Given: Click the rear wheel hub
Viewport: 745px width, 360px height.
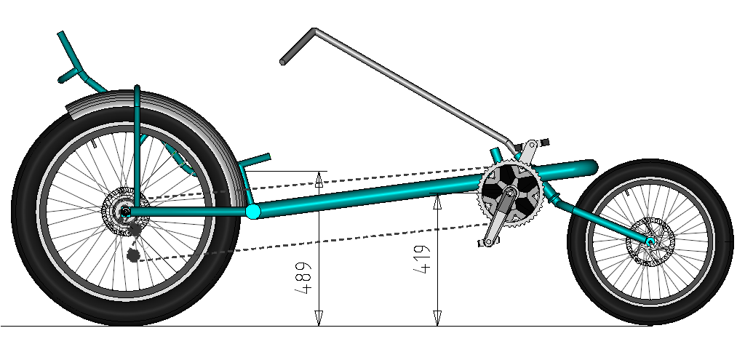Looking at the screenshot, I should click(126, 211).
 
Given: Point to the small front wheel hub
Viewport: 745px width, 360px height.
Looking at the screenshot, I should click(650, 239).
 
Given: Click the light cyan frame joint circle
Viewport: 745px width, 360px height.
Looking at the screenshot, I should click(252, 212).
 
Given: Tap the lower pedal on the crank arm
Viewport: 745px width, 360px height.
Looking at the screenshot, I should click(483, 244).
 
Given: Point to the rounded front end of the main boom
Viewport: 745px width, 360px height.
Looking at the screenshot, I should click(590, 168).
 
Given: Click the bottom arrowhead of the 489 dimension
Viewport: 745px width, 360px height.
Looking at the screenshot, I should click(318, 319).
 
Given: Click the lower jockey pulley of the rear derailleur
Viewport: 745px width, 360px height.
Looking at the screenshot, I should click(132, 254).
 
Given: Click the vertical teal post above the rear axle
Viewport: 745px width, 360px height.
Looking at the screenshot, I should click(137, 145).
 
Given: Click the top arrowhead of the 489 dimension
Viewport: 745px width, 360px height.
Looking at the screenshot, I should click(318, 179).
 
